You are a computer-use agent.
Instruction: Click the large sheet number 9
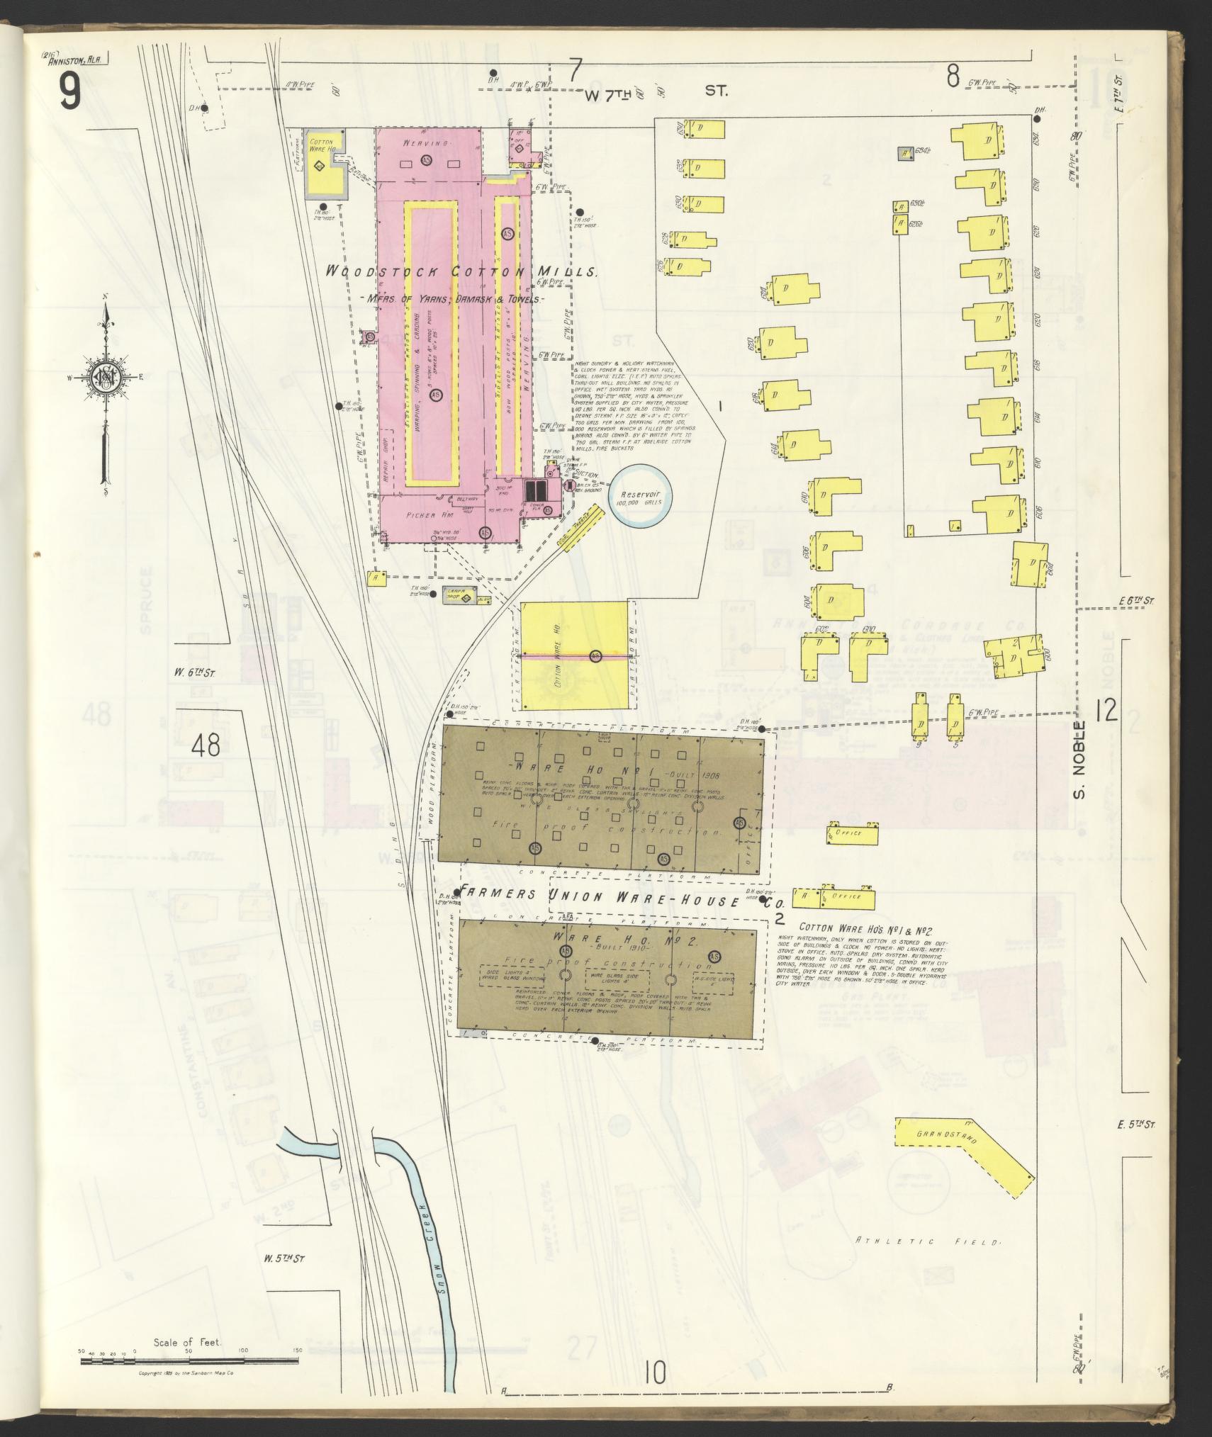69,92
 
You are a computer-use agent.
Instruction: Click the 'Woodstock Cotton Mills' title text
462,272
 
